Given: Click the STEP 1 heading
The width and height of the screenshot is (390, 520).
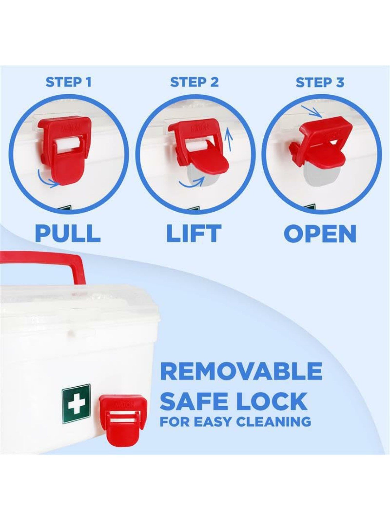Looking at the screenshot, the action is coord(68,82).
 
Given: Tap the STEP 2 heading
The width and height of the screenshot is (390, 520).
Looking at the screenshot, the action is coord(194,82).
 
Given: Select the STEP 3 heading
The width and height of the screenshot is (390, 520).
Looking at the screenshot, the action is coord(320,82).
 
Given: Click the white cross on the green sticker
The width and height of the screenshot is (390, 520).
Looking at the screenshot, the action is coord(76,404).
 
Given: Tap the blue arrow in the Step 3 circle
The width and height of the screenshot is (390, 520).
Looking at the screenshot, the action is coord(311,111).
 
